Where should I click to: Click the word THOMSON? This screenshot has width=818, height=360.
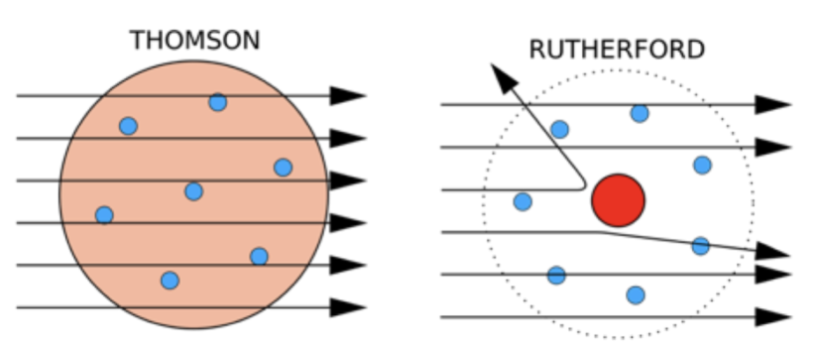coord(194,41)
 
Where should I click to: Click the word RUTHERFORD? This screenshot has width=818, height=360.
coord(617,50)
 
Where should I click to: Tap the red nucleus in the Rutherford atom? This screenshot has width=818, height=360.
coord(618,200)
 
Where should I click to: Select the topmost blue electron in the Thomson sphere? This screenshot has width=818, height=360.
coord(217,102)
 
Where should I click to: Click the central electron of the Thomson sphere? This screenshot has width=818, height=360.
coord(193,191)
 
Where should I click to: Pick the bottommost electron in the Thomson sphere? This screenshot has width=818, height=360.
coord(170,281)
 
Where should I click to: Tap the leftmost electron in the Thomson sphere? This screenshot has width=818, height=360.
coord(104,214)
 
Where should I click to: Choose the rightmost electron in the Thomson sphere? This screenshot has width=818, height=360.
coord(283,168)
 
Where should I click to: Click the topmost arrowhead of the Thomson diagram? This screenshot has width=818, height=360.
coord(348,95)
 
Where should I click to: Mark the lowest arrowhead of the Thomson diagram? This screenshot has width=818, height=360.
coord(348,307)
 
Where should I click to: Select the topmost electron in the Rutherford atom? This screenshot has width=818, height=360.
coord(640,113)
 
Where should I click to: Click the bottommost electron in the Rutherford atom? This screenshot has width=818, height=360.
coord(636,295)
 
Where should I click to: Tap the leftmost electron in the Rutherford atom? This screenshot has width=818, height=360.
coord(523,201)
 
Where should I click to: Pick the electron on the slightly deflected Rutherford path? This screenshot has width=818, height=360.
coord(700,245)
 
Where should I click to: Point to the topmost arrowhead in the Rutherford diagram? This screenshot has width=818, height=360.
coord(772,104)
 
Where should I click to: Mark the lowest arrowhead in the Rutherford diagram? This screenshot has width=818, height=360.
coord(772,317)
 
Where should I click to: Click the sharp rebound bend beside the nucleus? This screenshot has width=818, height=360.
coord(583,185)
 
